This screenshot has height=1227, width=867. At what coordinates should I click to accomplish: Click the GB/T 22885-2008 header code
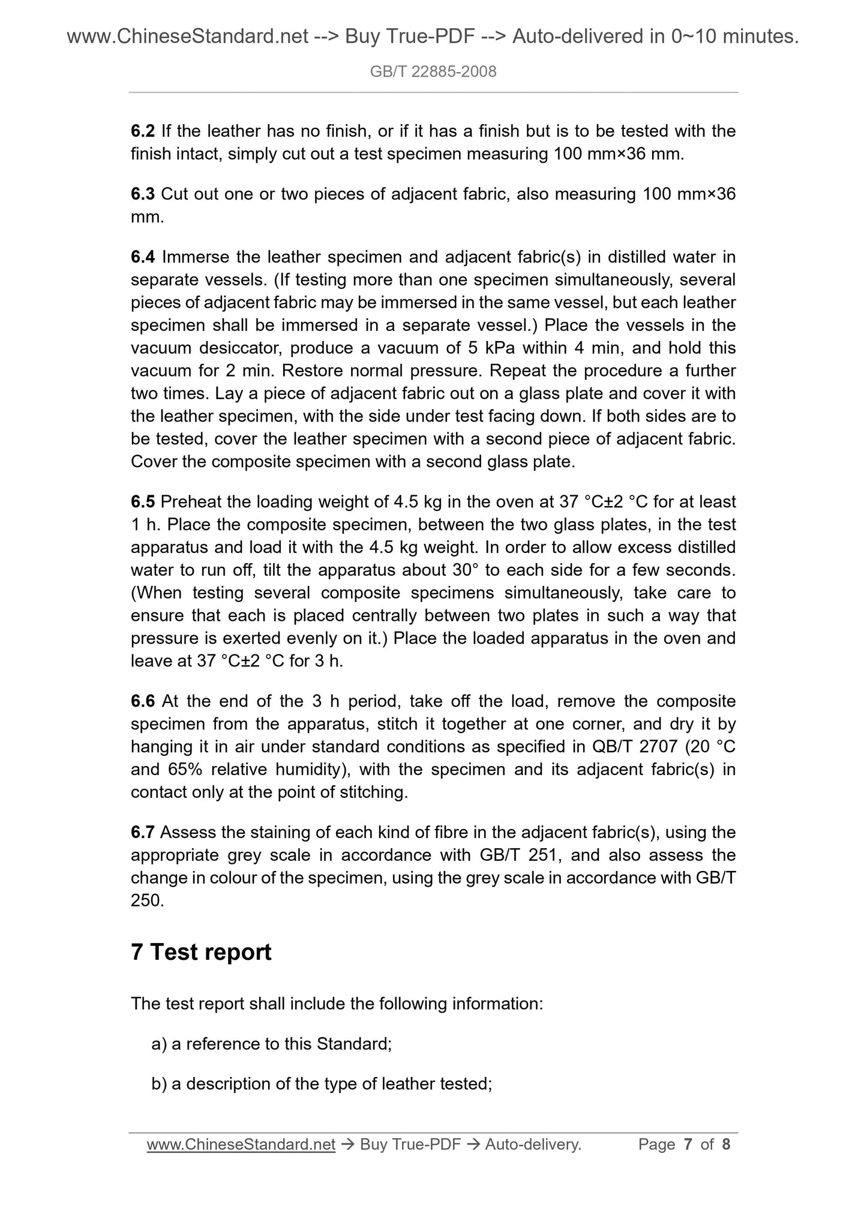click(x=433, y=72)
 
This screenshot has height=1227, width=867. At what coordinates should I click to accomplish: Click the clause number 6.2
click(x=142, y=131)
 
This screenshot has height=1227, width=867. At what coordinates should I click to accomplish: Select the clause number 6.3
click(x=142, y=194)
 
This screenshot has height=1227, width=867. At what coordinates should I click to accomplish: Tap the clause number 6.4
click(x=142, y=257)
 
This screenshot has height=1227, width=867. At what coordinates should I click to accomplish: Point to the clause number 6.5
click(x=142, y=501)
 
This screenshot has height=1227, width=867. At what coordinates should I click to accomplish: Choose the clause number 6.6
click(x=142, y=701)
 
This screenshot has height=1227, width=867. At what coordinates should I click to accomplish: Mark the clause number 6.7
click(x=142, y=832)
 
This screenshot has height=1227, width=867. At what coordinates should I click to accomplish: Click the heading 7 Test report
click(x=201, y=952)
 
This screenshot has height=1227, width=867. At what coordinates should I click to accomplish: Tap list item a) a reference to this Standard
click(x=271, y=1044)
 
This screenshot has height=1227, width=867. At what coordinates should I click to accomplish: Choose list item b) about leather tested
click(x=322, y=1084)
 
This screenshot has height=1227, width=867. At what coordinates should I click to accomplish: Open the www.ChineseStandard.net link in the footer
click(x=241, y=1145)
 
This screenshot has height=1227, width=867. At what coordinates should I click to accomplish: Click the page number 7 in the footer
click(x=688, y=1145)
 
